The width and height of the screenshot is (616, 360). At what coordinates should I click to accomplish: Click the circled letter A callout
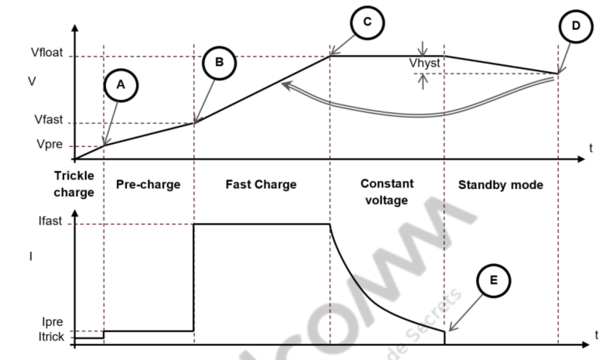(x=119, y=87)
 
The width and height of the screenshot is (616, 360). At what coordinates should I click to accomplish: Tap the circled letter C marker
(x=368, y=22)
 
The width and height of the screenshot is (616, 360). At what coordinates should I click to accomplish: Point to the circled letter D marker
(x=575, y=27)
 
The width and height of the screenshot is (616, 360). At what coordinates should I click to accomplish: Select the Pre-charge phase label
(x=148, y=185)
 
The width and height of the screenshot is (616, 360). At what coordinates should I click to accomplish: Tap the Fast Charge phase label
(x=261, y=185)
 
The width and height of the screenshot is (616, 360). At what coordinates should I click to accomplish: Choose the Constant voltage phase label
(x=387, y=191)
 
